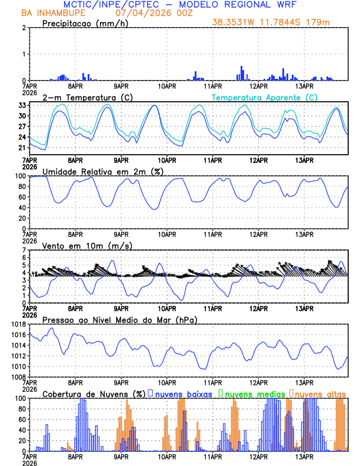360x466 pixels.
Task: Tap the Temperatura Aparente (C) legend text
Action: click(264, 97)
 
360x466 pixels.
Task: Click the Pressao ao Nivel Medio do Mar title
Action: click(119, 319)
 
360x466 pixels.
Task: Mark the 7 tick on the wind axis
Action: click(24, 250)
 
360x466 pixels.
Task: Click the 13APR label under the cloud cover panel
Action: click(304, 456)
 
